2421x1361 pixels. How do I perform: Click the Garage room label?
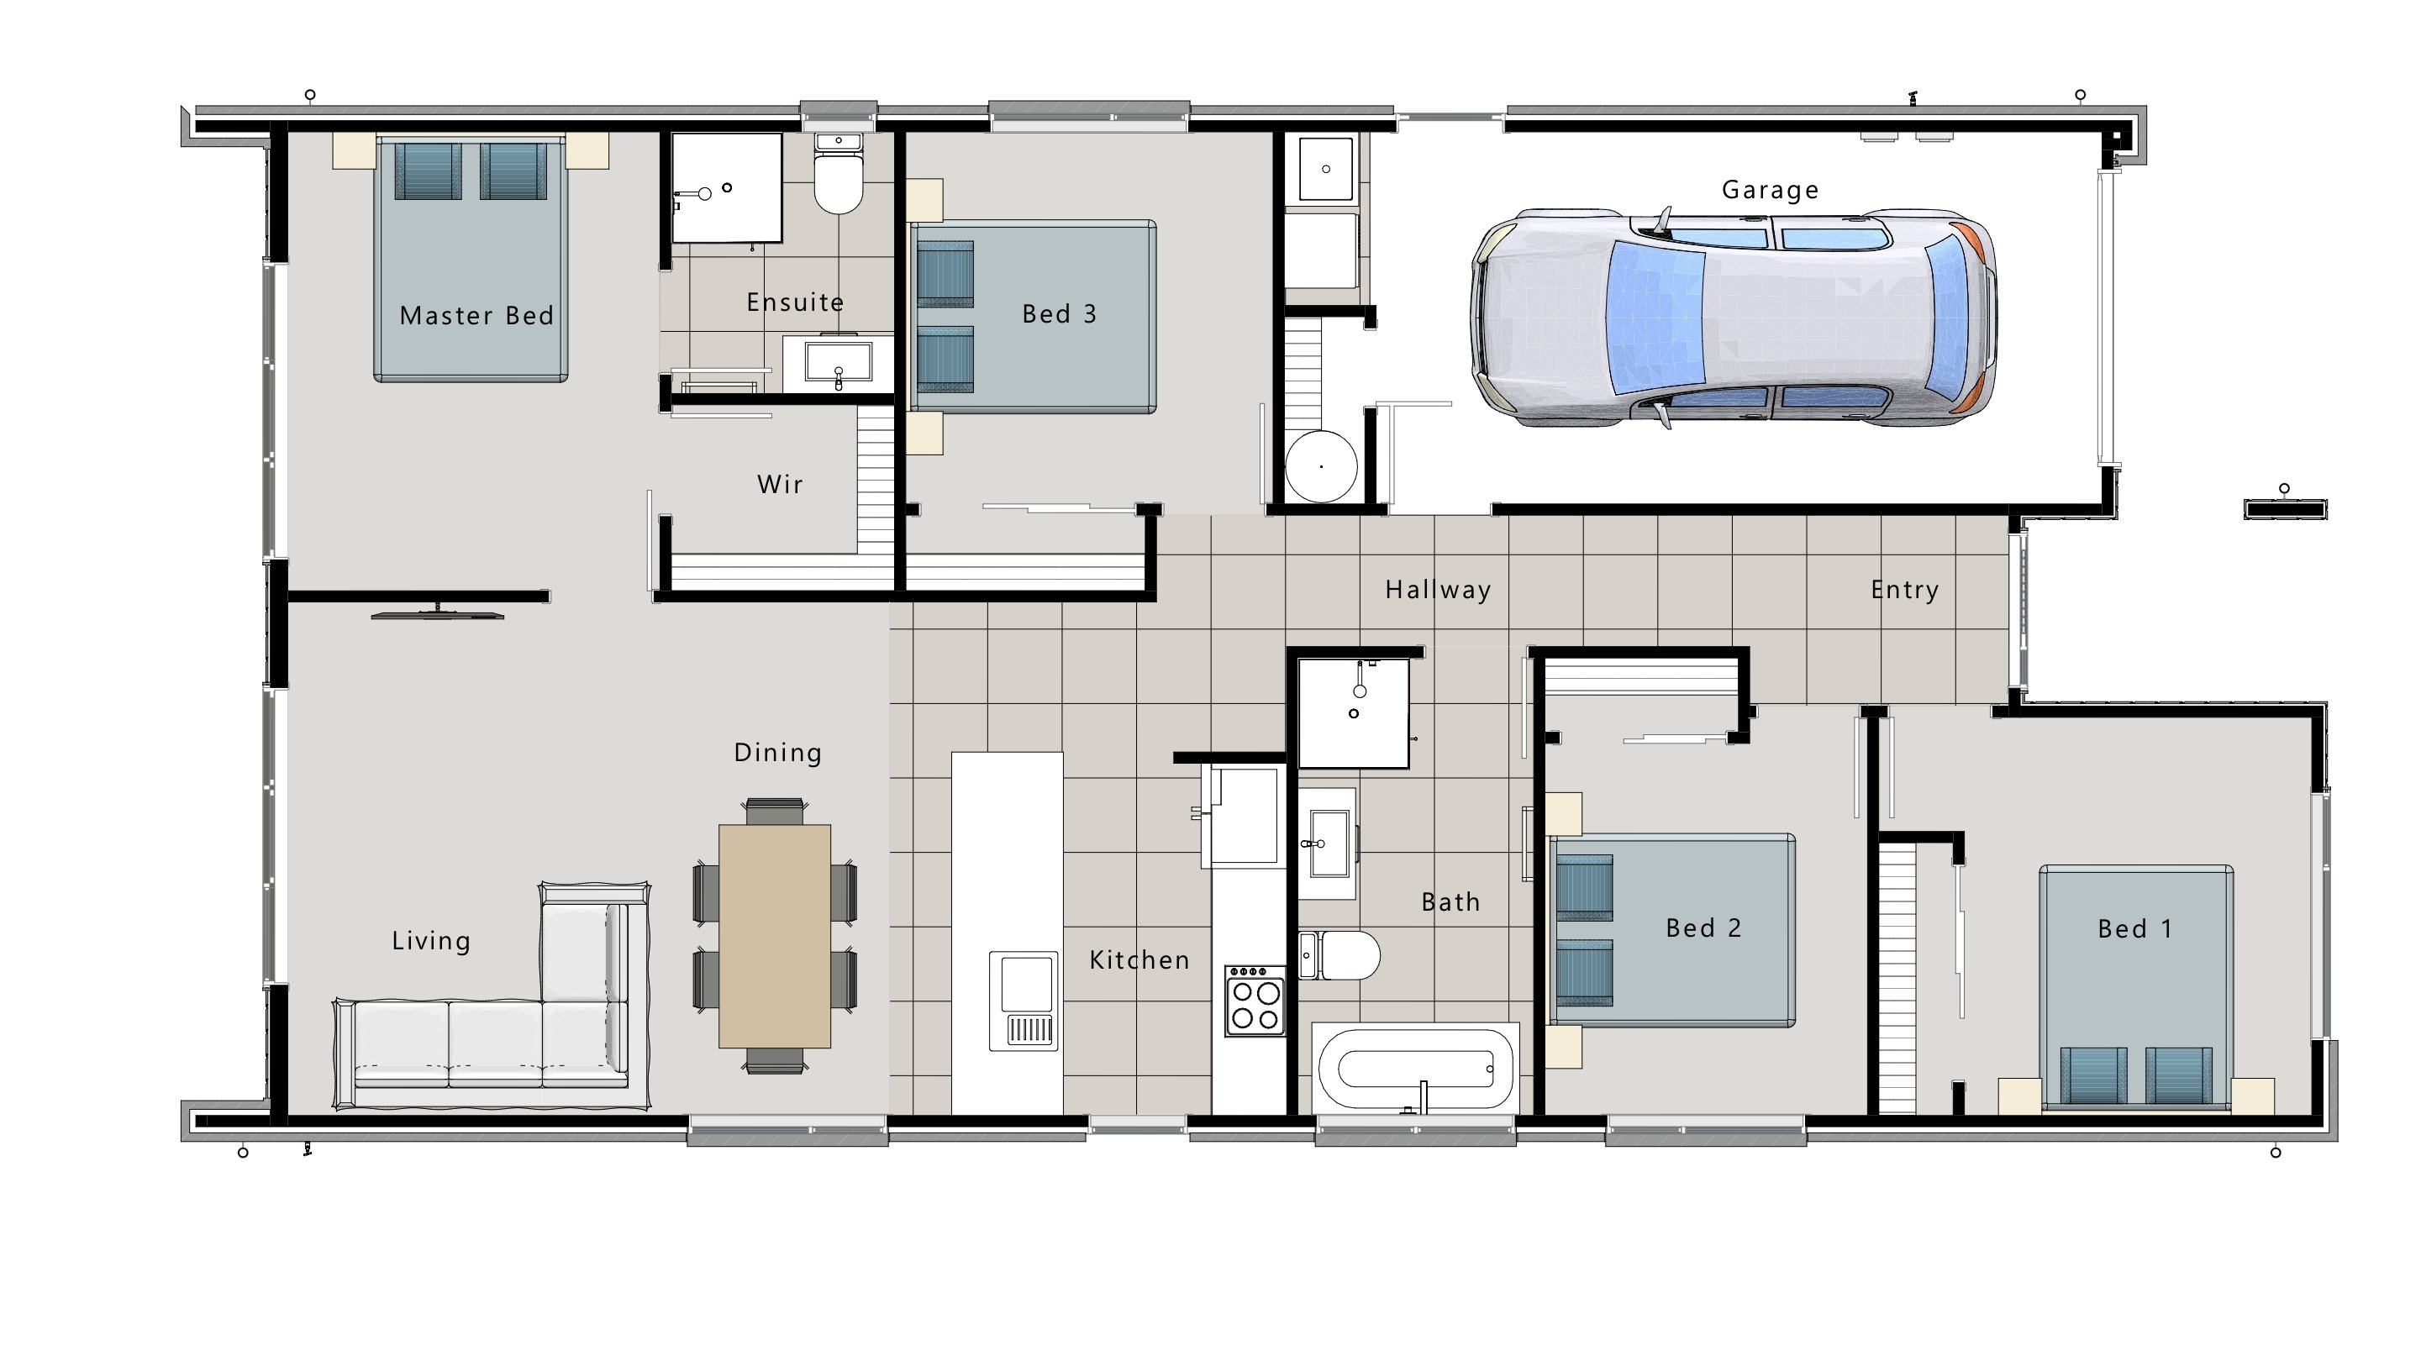tap(1770, 190)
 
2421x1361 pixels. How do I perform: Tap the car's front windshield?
tap(1656, 317)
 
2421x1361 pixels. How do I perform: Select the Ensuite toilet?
tap(837, 180)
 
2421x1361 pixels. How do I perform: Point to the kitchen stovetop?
tap(1255, 1002)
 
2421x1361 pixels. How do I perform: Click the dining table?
tap(775, 935)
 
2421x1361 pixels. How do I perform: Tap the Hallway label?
tap(1438, 591)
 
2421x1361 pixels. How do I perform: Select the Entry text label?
tap(1904, 591)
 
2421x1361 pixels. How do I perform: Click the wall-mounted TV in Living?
tap(438, 615)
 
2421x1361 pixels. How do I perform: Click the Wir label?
tap(780, 485)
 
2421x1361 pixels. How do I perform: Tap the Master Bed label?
tap(476, 316)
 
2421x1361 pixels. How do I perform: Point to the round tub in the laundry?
tap(1321, 466)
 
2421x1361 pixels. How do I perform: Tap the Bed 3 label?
tap(1059, 314)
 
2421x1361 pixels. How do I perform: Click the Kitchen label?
tap(1139, 959)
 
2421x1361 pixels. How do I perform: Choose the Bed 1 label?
tap(2135, 928)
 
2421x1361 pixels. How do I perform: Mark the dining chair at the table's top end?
tap(775, 810)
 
